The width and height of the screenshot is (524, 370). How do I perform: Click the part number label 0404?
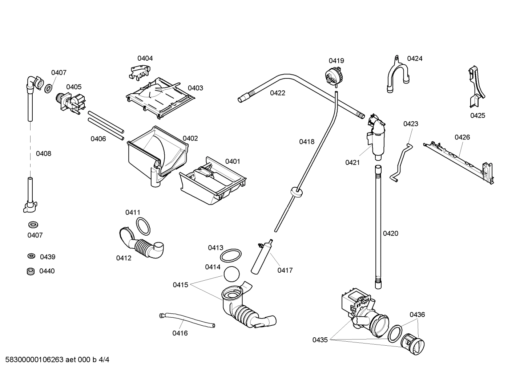pos(145,58)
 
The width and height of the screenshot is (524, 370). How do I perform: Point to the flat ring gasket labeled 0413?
pos(231,255)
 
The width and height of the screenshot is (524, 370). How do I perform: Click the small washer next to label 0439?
pos(31,256)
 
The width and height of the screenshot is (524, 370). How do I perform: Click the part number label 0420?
pos(391,233)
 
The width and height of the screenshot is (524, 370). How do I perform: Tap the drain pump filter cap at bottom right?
pos(412,342)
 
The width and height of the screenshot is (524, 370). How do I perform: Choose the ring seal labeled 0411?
pos(143,226)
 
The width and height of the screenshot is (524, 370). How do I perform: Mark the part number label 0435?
pos(320,340)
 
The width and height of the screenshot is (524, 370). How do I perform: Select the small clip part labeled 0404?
pos(139,71)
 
